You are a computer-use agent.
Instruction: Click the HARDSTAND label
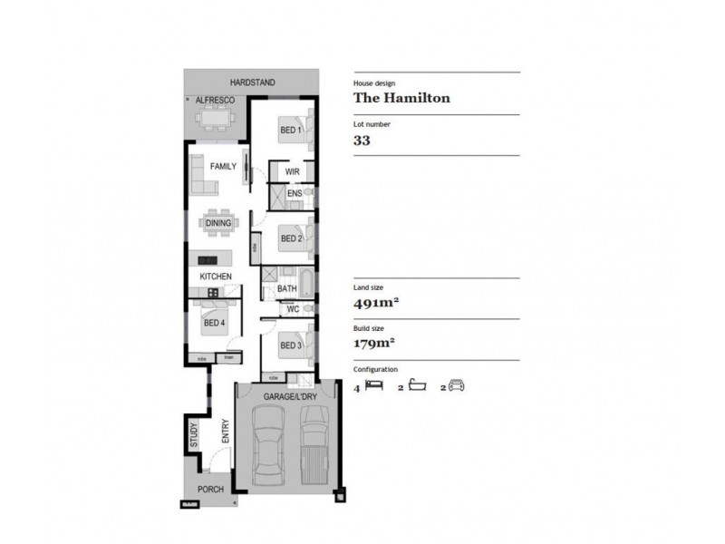[x=252, y=83]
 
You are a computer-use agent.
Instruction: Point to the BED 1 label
[x=290, y=131]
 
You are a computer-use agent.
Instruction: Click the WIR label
[x=292, y=171]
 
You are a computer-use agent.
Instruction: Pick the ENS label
[x=294, y=194]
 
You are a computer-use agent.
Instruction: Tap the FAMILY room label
[x=223, y=167]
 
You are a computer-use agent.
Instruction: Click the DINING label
[x=218, y=222]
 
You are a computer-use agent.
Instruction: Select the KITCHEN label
[x=216, y=276]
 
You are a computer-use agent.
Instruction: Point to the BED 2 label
[x=290, y=239]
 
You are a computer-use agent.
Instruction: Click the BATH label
[x=287, y=289]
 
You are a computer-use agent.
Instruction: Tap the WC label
[x=293, y=309]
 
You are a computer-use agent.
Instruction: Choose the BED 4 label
[x=214, y=323]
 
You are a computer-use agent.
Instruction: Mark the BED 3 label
[x=290, y=345]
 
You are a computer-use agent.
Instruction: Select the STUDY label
[x=193, y=435]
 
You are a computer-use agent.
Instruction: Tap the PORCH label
[x=210, y=490]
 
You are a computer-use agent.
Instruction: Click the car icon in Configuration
[x=456, y=386]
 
